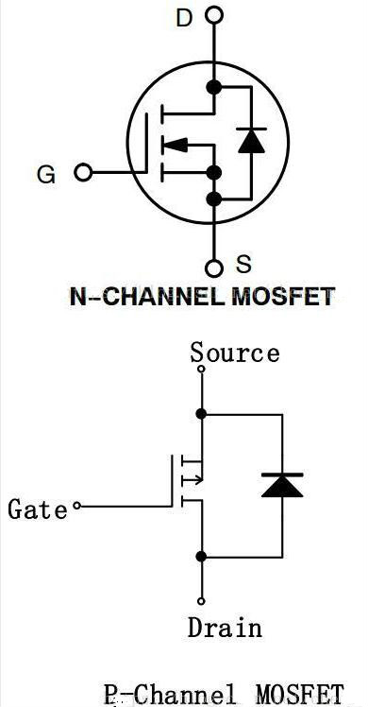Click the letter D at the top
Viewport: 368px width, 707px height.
[183, 16]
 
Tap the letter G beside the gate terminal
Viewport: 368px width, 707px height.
[45, 174]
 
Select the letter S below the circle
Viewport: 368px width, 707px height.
[243, 266]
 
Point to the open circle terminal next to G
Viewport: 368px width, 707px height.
[83, 173]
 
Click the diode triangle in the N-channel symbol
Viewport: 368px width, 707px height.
[250, 141]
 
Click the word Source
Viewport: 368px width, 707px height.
[235, 353]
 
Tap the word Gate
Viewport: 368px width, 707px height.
[38, 509]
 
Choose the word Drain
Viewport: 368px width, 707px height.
[225, 628]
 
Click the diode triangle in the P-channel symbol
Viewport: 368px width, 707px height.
[282, 485]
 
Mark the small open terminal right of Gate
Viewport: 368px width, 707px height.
[77, 508]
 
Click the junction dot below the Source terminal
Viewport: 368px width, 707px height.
[201, 413]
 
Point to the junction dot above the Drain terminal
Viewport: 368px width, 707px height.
[201, 555]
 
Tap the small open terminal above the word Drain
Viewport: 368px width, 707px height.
[201, 599]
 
